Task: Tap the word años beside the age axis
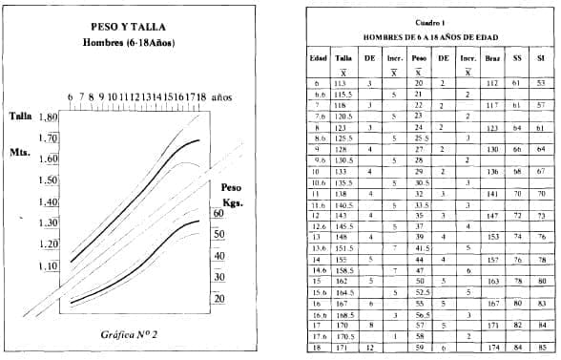[x=221, y=96]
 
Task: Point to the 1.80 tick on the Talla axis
[x=47, y=117]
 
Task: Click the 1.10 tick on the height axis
[x=47, y=265]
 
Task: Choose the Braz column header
[x=492, y=57]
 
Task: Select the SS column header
[x=517, y=57]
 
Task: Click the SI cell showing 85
[x=541, y=349]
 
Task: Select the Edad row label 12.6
[x=320, y=225]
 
